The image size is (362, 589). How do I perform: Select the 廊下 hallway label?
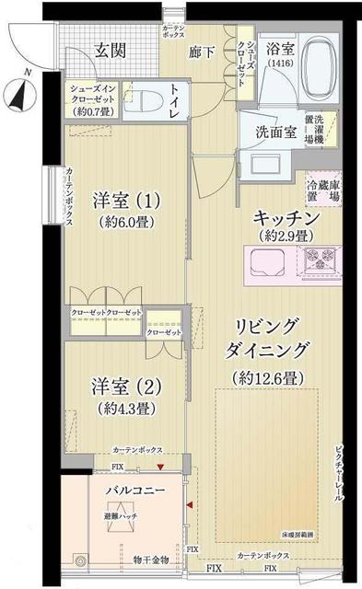[x=202, y=52]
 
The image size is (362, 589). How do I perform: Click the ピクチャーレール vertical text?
[x=337, y=469]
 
